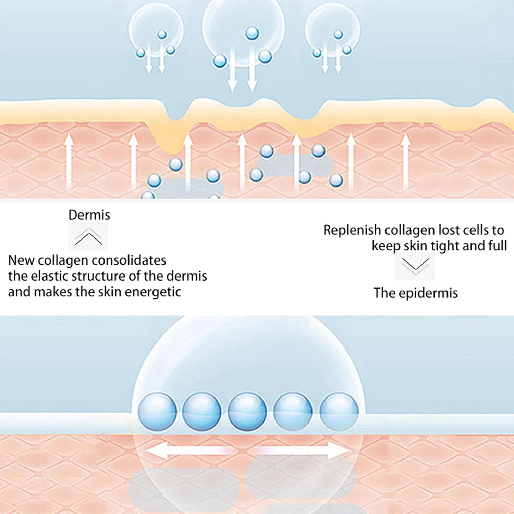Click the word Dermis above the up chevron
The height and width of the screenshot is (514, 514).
coord(89,215)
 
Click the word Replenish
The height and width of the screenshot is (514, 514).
coord(352,230)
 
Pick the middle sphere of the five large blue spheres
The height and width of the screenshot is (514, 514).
coord(247,412)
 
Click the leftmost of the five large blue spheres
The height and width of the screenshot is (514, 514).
coord(157,412)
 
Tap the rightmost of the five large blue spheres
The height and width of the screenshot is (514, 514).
coord(339,412)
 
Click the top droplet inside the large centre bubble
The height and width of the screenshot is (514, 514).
coord(252,33)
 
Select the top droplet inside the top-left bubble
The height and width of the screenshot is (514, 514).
coord(162,34)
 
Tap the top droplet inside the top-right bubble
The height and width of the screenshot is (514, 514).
coord(338,34)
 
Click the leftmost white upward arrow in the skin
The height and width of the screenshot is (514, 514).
coord(69,161)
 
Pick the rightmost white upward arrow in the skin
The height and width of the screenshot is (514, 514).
coord(406,161)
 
